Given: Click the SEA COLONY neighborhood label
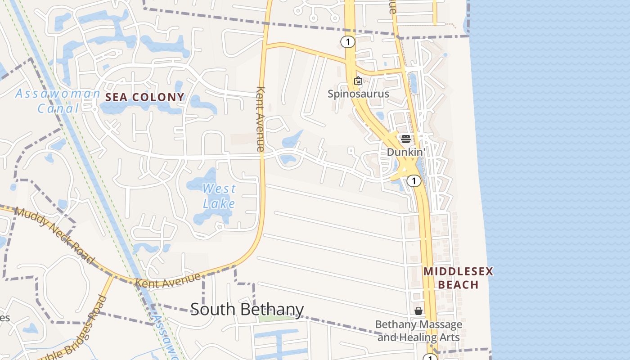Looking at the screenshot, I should (x=144, y=97).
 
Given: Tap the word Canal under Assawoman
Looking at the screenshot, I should (x=58, y=108).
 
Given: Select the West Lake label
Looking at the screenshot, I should (x=219, y=196).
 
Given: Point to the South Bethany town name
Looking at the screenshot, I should (x=247, y=310).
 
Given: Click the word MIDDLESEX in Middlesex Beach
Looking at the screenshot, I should (x=458, y=271).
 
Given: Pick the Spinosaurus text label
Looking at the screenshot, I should (x=358, y=94).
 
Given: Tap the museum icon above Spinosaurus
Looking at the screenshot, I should (x=358, y=81).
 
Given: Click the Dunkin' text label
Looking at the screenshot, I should (x=406, y=152).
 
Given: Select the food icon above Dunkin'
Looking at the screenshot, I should (x=405, y=139).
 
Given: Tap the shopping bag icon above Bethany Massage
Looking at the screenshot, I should (x=418, y=311).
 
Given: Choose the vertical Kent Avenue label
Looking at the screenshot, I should (x=261, y=119).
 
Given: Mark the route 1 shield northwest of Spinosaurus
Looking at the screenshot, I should (x=347, y=42).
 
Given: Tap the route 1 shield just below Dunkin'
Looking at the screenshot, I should (x=414, y=181).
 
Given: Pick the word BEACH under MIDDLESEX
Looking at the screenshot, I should (x=458, y=285).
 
